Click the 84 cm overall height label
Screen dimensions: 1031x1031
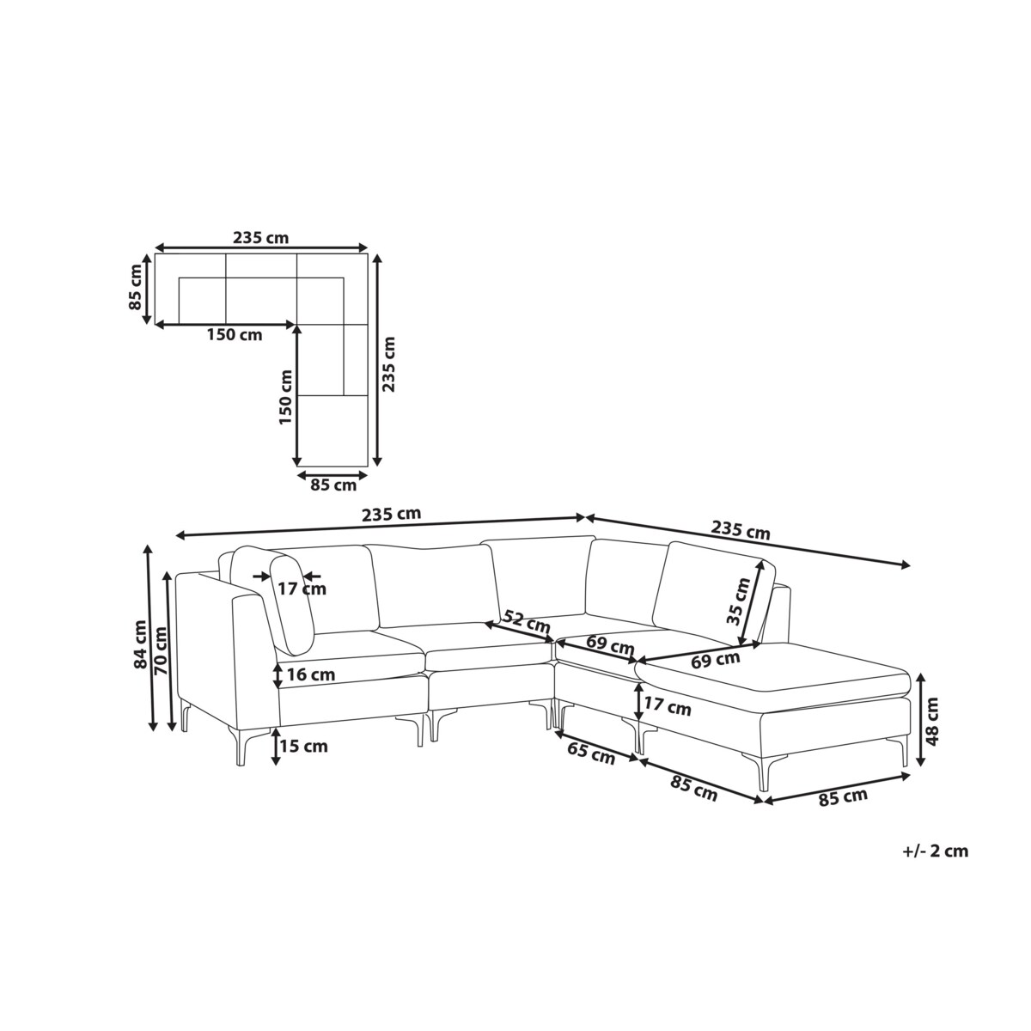click(x=140, y=644)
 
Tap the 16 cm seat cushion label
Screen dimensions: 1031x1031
click(x=311, y=674)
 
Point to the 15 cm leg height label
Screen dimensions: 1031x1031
click(x=304, y=746)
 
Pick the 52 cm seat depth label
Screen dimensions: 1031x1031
click(x=527, y=620)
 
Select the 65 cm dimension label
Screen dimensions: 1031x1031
click(x=590, y=753)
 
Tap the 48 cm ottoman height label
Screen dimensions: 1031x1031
click(x=931, y=721)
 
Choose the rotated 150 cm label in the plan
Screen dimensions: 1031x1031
click(x=286, y=397)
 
